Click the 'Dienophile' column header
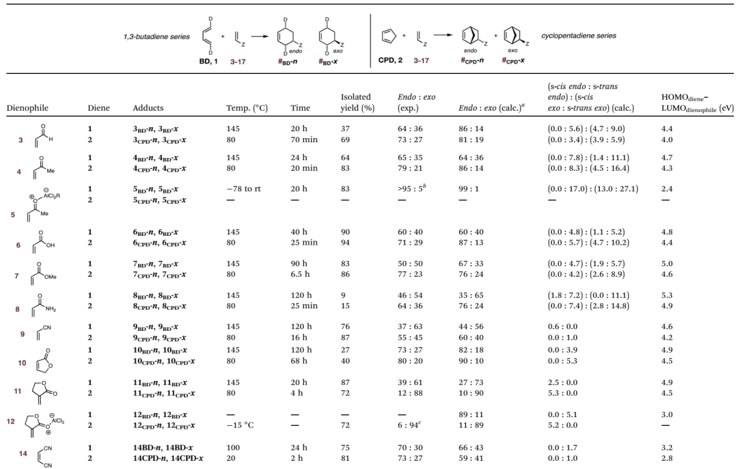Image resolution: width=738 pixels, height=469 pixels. pos(27,108)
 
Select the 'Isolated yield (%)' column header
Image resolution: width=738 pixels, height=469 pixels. pos(357,102)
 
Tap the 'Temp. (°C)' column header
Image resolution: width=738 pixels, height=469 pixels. pos(247,108)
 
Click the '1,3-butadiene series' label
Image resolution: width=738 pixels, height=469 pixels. pos(156,36)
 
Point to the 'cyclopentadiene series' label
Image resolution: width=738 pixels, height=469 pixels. pos(579,36)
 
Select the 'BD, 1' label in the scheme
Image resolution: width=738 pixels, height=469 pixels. pos(208,62)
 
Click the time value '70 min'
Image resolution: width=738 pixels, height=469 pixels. pos(304,139)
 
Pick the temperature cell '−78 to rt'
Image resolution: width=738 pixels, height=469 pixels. pos(243,189)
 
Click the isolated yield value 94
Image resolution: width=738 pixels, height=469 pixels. pos(345,243)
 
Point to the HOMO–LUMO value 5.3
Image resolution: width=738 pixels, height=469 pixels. pos(667,295)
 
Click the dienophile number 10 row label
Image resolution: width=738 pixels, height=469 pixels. pos(22,363)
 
